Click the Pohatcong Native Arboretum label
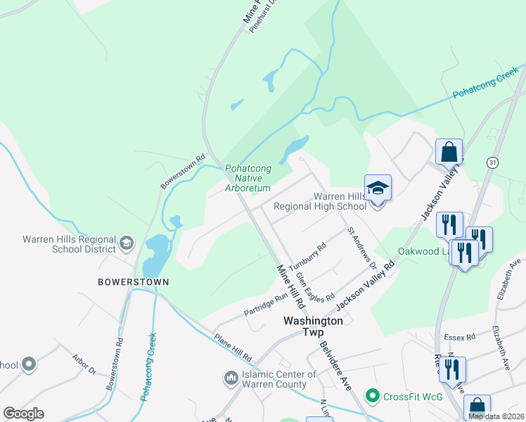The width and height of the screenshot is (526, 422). pyautogui.click(x=248, y=179)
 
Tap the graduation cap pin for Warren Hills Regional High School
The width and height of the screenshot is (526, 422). pyautogui.click(x=378, y=188)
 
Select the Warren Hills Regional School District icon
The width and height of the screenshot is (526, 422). pyautogui.click(x=127, y=243)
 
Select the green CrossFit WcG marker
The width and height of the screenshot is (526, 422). pyautogui.click(x=373, y=397)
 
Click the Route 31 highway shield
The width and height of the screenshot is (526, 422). pyautogui.click(x=492, y=162)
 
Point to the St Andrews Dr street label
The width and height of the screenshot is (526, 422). pyautogui.click(x=361, y=247)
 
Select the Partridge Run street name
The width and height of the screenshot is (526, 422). pyautogui.click(x=266, y=301)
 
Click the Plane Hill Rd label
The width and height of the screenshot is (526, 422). pyautogui.click(x=233, y=345)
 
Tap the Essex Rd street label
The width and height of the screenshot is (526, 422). pyautogui.click(x=461, y=336)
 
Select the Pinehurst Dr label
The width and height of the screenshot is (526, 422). pyautogui.click(x=264, y=10)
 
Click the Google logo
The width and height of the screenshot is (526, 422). pyautogui.click(x=23, y=414)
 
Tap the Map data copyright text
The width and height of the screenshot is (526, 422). pyautogui.click(x=496, y=416)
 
